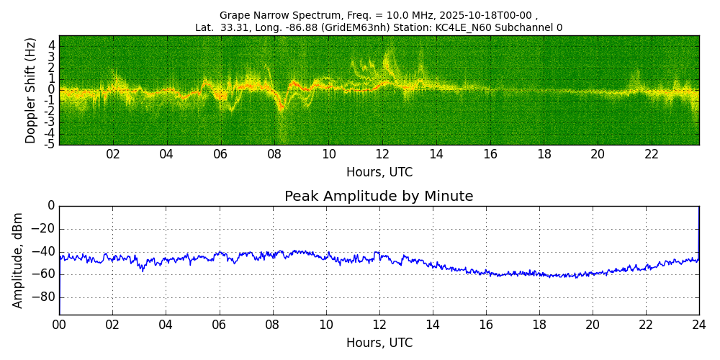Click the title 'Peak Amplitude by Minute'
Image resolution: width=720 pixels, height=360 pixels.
click(379, 197)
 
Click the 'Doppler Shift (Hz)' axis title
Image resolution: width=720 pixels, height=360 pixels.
click(31, 91)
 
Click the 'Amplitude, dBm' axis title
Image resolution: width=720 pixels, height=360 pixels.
click(18, 260)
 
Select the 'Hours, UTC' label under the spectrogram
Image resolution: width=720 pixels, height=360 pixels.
click(379, 173)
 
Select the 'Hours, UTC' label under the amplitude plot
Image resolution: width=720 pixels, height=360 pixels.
click(379, 343)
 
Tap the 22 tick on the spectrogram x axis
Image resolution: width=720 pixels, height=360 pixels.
click(652, 155)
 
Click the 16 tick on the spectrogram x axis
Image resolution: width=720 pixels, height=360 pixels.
click(490, 155)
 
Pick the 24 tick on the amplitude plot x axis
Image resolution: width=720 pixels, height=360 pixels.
click(699, 325)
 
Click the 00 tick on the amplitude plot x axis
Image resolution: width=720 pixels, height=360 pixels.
click(59, 325)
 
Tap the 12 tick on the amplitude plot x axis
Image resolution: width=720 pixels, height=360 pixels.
click(379, 325)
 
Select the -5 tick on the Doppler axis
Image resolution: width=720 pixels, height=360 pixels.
click(50, 144)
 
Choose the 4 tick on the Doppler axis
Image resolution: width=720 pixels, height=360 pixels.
click(52, 45)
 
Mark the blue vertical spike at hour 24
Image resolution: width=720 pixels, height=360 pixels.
click(698, 230)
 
